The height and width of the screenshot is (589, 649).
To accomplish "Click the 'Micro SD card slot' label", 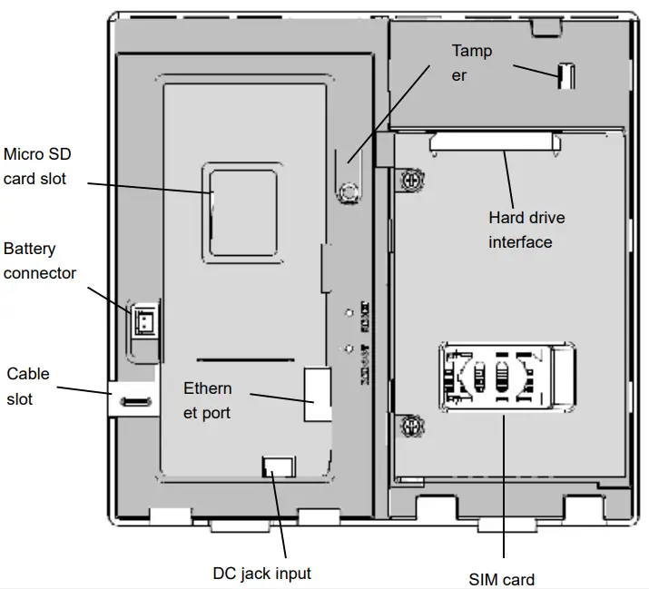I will point(36,167).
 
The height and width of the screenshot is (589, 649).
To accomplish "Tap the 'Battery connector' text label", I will point(40,260).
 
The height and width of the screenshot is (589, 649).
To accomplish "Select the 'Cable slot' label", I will point(28,386).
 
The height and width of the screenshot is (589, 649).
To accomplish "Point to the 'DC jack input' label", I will point(261,574).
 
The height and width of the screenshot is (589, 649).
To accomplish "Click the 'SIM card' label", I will point(502,580).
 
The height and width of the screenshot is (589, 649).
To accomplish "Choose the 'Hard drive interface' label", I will point(526,230).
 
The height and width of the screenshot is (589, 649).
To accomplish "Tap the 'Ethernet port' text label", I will point(208,400).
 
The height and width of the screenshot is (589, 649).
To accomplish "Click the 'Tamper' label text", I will point(472,63).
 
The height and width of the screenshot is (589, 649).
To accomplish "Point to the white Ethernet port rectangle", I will point(317,393).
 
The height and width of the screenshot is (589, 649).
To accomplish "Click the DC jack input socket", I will point(277,467).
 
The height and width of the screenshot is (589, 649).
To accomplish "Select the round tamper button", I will point(346,191).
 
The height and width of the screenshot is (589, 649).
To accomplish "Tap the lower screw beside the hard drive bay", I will point(409,424).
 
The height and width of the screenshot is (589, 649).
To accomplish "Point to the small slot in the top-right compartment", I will point(564,75).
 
